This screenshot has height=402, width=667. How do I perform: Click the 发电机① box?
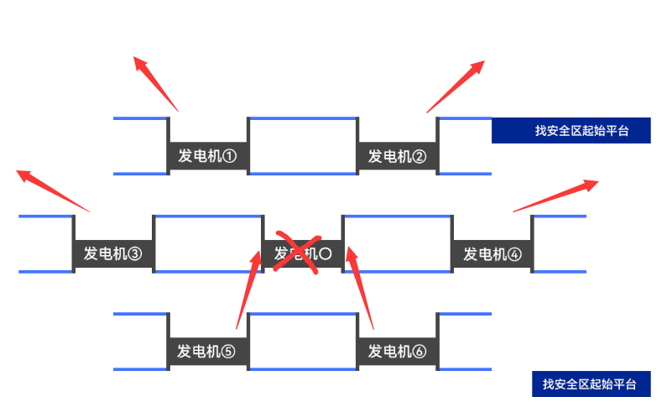(x=208, y=156)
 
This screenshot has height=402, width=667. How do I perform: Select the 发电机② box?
(x=398, y=156)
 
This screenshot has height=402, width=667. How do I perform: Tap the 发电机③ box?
(x=113, y=253)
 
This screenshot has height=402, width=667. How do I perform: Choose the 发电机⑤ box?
(x=208, y=352)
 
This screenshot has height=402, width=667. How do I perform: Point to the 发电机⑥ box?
(x=398, y=352)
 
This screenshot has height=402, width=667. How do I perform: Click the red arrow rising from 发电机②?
(x=456, y=86)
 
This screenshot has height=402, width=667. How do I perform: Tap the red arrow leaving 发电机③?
(x=53, y=191)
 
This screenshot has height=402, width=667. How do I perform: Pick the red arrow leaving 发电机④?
(x=555, y=196)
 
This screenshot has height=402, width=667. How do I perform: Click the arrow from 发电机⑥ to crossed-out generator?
(x=363, y=286)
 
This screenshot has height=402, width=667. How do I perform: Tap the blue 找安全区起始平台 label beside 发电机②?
(x=571, y=130)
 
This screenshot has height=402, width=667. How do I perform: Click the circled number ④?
(x=513, y=253)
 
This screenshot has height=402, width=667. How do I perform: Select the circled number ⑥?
(x=419, y=352)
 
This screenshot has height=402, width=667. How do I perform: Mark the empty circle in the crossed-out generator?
(x=326, y=253)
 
